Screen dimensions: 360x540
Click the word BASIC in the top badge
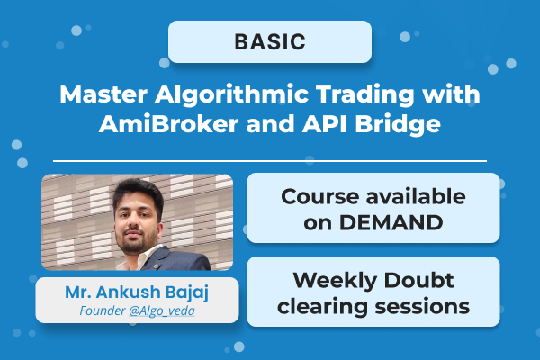coord(269,41)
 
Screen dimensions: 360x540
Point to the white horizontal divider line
coord(270,161)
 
